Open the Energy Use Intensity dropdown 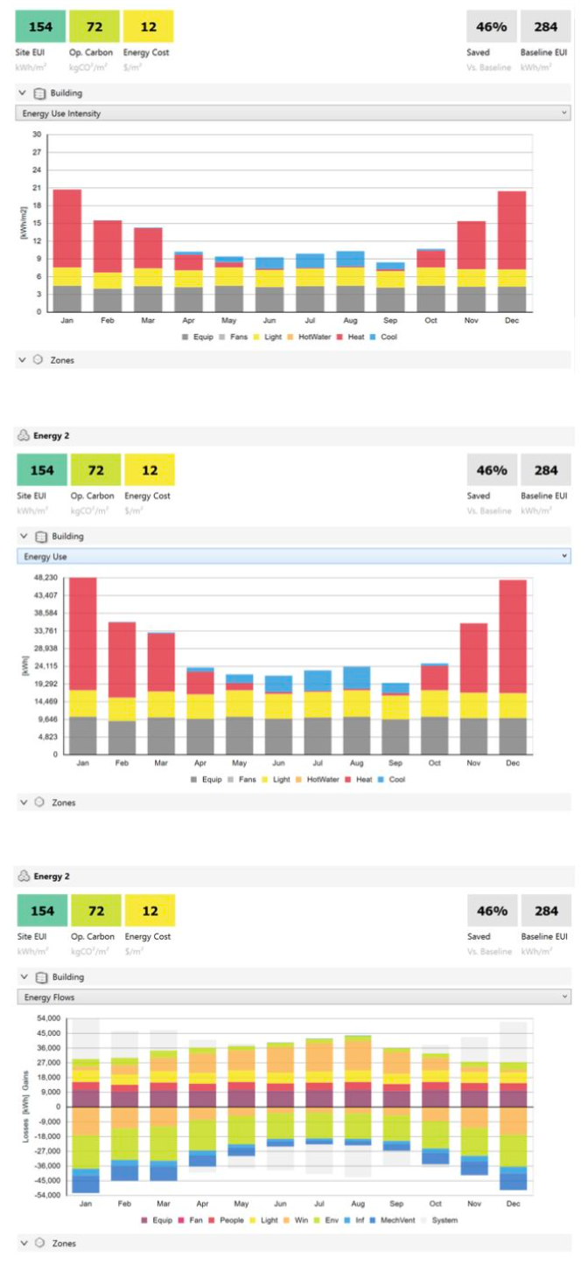pyautogui.click(x=293, y=114)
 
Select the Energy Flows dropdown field pyautogui.click(x=293, y=997)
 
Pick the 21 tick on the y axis pyautogui.click(x=37, y=188)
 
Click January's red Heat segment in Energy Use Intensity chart pyautogui.click(x=67, y=227)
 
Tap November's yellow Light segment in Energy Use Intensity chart pyautogui.click(x=471, y=277)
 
